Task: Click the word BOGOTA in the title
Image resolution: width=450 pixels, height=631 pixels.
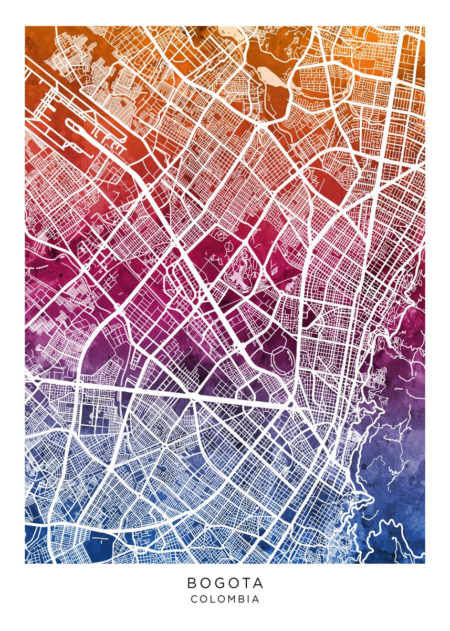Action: pos(225,583)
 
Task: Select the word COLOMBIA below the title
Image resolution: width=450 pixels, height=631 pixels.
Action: pos(225,599)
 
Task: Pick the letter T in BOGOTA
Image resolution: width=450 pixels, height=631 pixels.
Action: pos(246,583)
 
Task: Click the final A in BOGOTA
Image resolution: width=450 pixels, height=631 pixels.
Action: pos(257,583)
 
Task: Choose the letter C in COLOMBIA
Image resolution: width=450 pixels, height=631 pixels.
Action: pos(194,599)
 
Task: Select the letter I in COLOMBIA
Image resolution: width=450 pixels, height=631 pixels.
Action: pos(249,599)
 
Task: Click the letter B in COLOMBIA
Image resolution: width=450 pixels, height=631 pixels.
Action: pos(243,599)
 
